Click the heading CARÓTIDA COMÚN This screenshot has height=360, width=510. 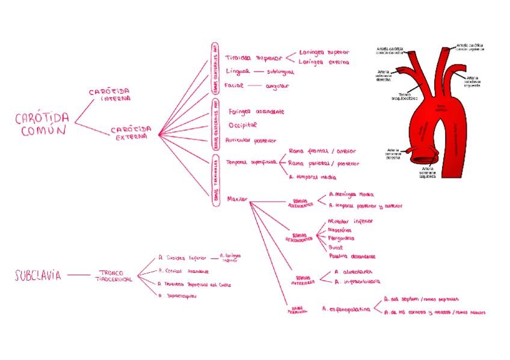(42, 124)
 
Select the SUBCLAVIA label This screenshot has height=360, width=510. (38, 276)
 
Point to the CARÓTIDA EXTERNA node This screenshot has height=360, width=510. (131, 133)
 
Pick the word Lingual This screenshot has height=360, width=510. (236, 72)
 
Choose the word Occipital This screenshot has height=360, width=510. (242, 125)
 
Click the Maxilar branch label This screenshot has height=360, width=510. (238, 198)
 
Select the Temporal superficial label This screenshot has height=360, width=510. (251, 162)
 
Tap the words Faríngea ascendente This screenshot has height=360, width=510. (256, 112)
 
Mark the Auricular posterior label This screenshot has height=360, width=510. (251, 139)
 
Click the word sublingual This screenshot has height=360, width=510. (280, 72)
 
